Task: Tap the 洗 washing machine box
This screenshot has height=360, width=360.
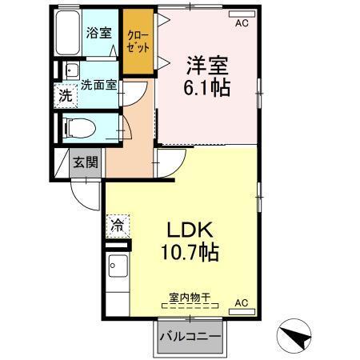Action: coord(66,95)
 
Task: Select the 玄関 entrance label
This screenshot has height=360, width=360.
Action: coord(86,162)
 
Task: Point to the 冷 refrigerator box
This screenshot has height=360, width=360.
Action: coord(118,226)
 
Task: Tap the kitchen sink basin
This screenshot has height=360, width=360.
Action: coord(118,266)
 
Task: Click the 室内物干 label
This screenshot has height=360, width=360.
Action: coord(190,298)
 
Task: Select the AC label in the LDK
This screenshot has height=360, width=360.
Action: coord(241,303)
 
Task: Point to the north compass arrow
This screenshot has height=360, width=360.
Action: coord(294,337)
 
